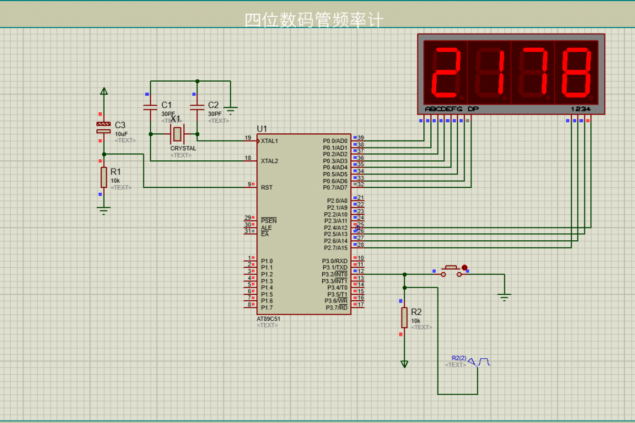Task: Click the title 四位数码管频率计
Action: [314, 21]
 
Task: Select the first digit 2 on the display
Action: [446, 72]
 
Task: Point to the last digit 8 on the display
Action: [576, 72]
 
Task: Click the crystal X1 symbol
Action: [176, 135]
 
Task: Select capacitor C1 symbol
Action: [151, 106]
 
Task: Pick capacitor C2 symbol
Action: [197, 106]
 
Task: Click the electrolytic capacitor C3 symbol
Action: [103, 127]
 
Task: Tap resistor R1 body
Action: [103, 177]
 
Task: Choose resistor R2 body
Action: [404, 317]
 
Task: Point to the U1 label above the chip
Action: [262, 129]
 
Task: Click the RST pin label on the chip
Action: [266, 187]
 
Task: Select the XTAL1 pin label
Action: [269, 141]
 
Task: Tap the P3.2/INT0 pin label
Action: [335, 274]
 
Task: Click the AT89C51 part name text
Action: [268, 319]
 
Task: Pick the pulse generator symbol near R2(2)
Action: [479, 361]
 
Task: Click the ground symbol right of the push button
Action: [504, 297]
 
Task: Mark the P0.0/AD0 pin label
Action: [335, 141]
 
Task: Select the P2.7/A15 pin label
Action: [336, 248]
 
